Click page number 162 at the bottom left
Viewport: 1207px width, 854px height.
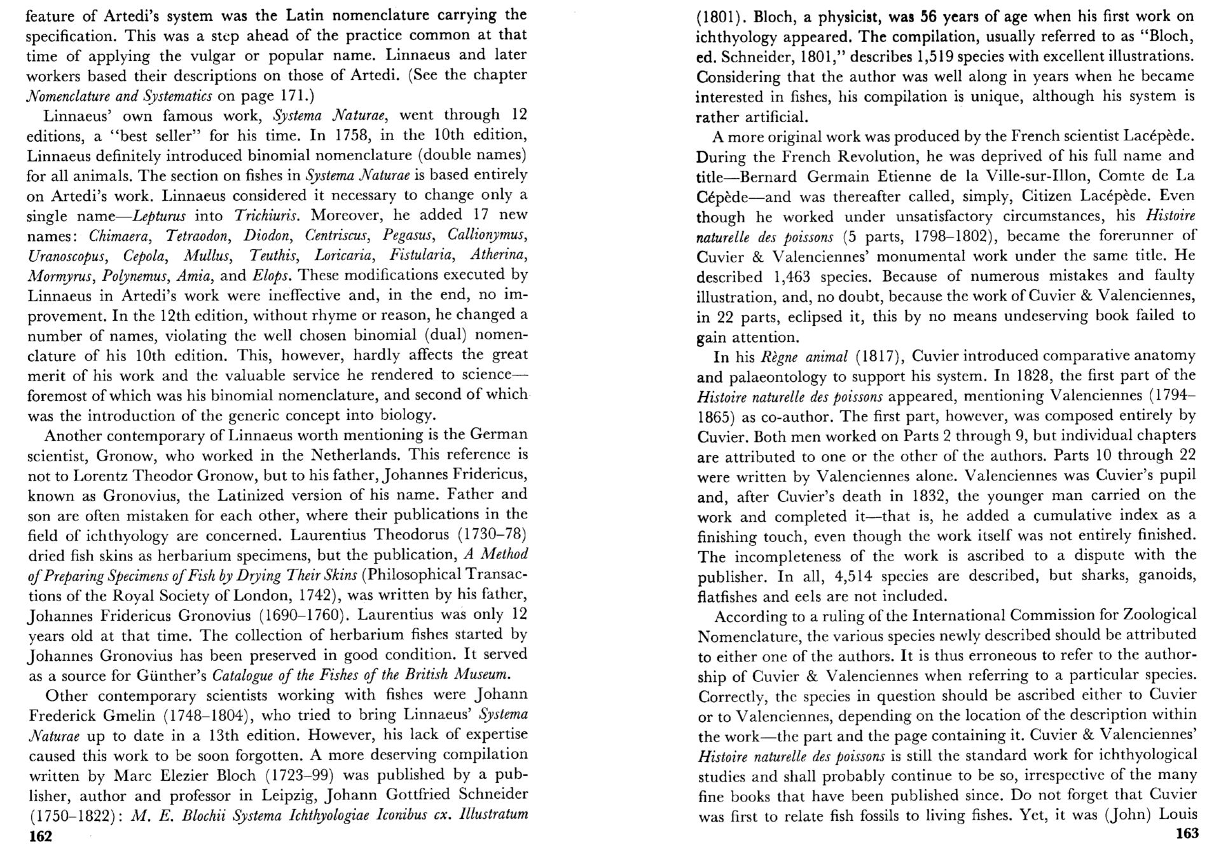(41, 837)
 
